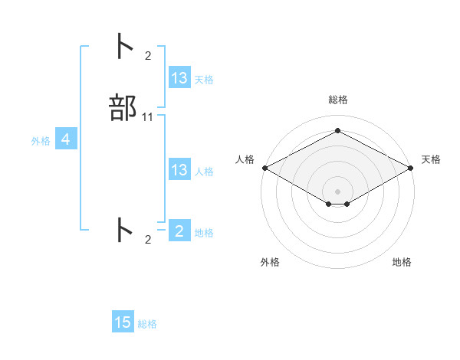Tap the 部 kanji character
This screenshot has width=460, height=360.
pos(123,109)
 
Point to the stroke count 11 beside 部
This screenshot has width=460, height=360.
pos(148,117)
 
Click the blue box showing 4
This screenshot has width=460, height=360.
pos(65,139)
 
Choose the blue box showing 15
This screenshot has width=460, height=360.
pos(123,322)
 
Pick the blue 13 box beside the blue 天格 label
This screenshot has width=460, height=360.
pos(179,77)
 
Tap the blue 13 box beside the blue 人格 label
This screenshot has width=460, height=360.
pos(179,170)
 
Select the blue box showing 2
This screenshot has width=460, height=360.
pos(179,231)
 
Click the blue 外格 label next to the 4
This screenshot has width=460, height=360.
pos(41,141)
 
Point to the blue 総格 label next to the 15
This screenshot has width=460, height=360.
pos(147,324)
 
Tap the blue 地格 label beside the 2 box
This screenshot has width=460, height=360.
pos(204,232)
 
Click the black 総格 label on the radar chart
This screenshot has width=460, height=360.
pos(338,100)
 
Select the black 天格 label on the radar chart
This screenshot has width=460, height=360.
pos(432,159)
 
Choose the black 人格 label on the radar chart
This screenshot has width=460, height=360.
pos(245,159)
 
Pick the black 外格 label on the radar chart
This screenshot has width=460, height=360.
pos(270,262)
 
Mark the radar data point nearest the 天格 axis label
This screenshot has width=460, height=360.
pos(412,168)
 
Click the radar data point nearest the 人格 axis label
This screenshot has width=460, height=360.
pos(264,168)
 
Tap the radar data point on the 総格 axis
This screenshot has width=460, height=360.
pos(338,131)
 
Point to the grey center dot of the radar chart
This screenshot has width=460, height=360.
pos(338,191)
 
